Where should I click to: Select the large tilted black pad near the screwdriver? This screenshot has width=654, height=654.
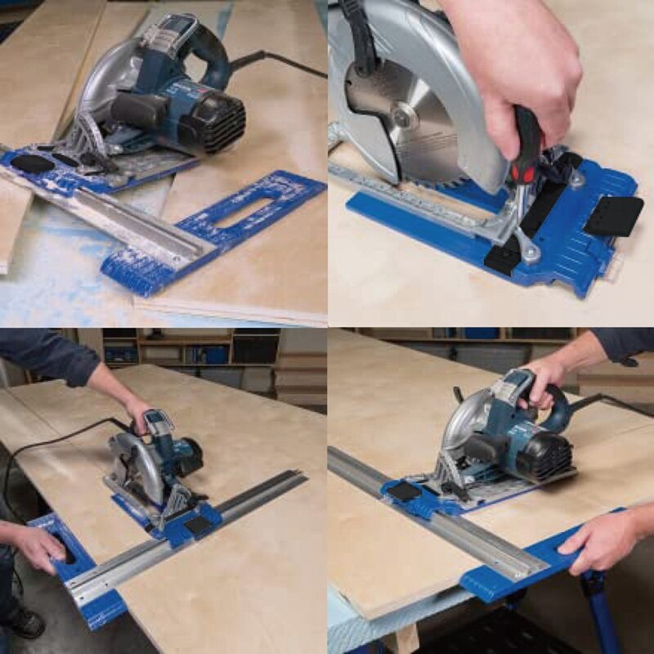tap(612, 214)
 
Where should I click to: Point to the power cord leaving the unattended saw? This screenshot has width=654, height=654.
tap(278, 61)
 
